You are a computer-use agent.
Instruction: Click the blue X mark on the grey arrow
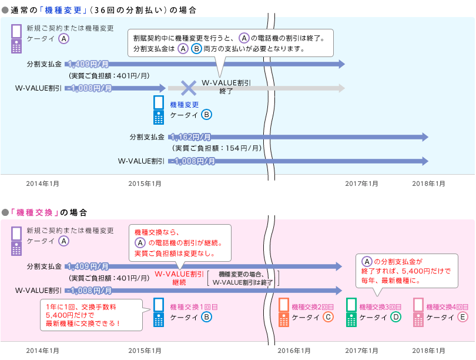[x=188, y=88]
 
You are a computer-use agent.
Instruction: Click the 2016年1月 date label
[x=294, y=351]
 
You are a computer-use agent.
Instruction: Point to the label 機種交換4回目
[x=447, y=307]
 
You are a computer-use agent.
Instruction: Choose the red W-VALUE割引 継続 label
[x=179, y=278]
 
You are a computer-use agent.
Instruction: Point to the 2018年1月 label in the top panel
[x=428, y=184]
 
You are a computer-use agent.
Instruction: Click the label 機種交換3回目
[x=380, y=307]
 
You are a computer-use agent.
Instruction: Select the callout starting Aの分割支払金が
[x=406, y=270]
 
